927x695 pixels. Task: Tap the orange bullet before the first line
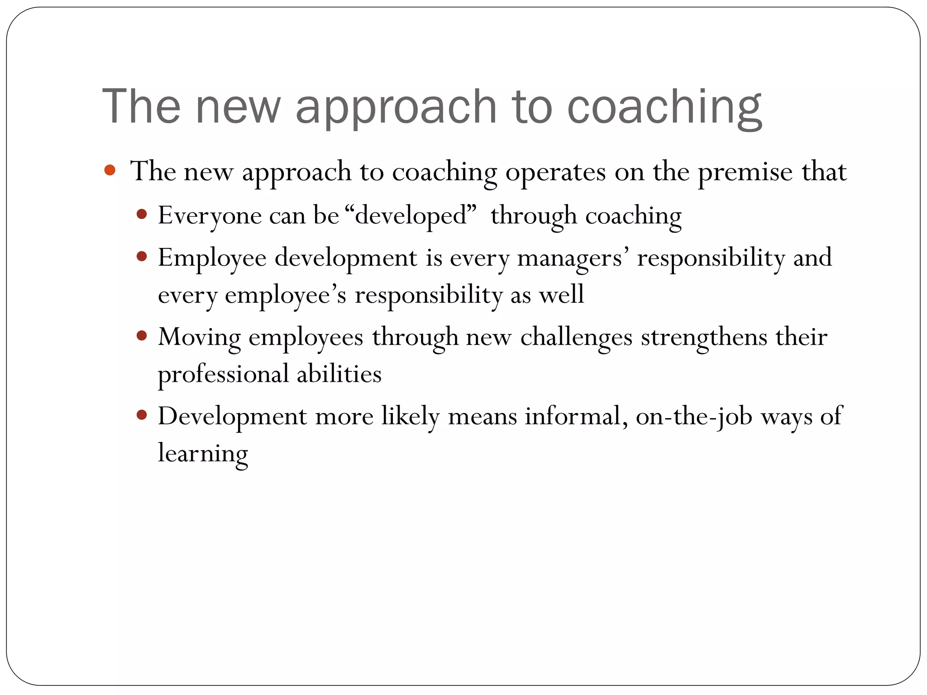[x=110, y=171]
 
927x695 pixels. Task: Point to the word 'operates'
[x=555, y=172]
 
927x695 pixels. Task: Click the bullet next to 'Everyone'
[x=142, y=214]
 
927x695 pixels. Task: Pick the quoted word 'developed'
[x=411, y=215]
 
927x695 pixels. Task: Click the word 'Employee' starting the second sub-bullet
[x=212, y=258]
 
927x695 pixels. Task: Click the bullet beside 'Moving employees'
[x=142, y=336]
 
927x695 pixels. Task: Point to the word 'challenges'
[x=576, y=337]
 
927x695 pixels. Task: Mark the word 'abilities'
[x=339, y=374]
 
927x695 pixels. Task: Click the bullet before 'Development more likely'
[x=142, y=415]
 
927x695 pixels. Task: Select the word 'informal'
[x=576, y=416]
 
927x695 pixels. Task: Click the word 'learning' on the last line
[x=203, y=453]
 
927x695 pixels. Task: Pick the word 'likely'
[x=410, y=416]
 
